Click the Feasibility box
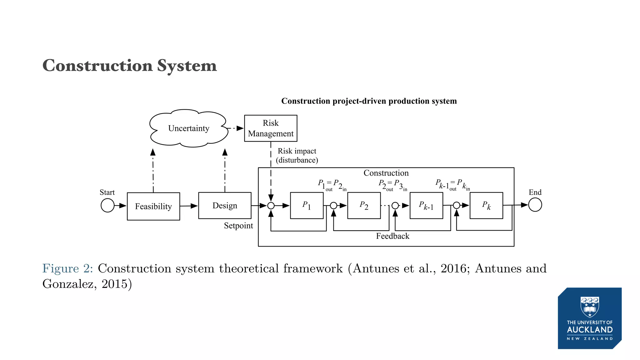pos(153,206)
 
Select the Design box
pos(225,205)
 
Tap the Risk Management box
pos(271,128)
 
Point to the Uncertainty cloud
pos(189,128)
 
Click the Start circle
pos(107,206)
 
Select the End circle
pos(535,205)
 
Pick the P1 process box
pos(307,205)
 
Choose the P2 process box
pos(364,205)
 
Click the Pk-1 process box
pos(426,205)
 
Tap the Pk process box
pos(486,205)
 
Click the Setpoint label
pos(238,226)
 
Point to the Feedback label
pos(392,236)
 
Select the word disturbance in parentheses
pos(297,160)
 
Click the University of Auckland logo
pos(590,318)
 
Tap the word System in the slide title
pos(187,66)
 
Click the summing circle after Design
pos(271,206)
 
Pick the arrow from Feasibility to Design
pos(189,206)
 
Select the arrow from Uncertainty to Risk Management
pos(235,128)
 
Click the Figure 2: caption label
pos(67,268)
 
